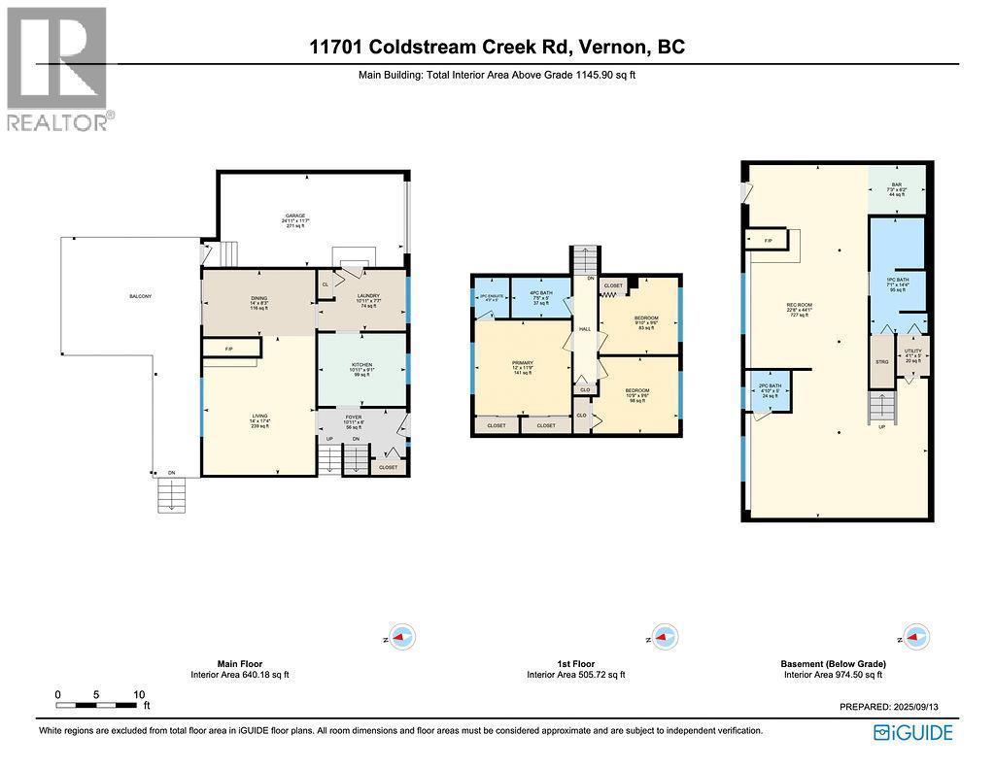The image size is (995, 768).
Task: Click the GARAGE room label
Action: pyautogui.click(x=295, y=216)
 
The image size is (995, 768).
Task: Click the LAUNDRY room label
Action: pyautogui.click(x=367, y=296)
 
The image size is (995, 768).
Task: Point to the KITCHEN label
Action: pyautogui.click(x=361, y=366)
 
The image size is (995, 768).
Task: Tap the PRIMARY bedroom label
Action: pyautogui.click(x=523, y=366)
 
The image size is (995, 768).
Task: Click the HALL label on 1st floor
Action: pyautogui.click(x=585, y=329)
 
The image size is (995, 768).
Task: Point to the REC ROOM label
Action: pyautogui.click(x=799, y=305)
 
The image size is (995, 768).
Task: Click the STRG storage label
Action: pyautogui.click(x=882, y=361)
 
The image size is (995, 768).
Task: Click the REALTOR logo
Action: pyautogui.click(x=58, y=68)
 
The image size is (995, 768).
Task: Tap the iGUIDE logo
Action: pyautogui.click(x=913, y=732)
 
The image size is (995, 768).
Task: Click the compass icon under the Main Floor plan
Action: pyautogui.click(x=401, y=637)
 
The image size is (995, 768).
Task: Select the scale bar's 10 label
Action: pyautogui.click(x=139, y=695)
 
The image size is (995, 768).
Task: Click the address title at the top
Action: pyautogui.click(x=497, y=47)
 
